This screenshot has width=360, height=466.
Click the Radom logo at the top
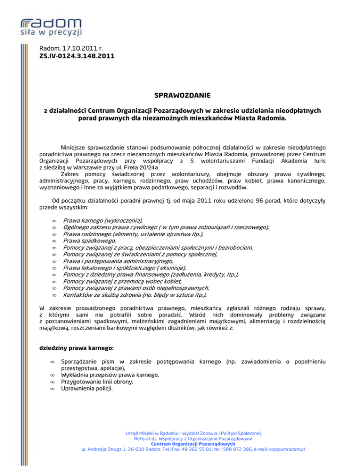[51, 22]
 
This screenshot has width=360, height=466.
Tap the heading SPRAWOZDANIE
[180, 97]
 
